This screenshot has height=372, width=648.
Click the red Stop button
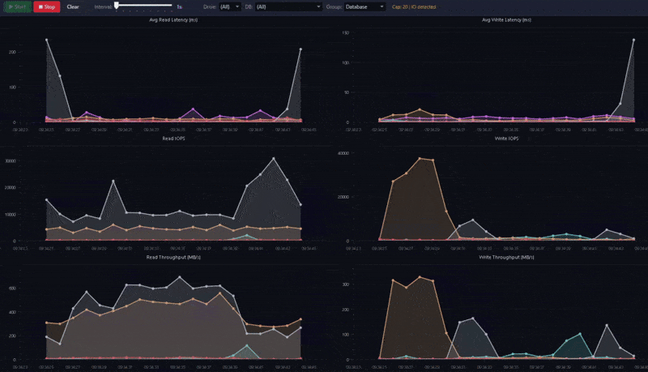pos(46,6)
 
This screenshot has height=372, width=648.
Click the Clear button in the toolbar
pos(73,6)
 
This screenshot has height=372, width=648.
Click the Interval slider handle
pos(117,5)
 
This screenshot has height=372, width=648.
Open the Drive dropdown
pos(230,6)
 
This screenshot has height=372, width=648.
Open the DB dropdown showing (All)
pos(288,6)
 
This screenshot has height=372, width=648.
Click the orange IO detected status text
pos(414,6)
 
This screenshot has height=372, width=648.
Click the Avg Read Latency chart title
pos(173,19)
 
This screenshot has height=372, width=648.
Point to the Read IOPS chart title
pos(173,139)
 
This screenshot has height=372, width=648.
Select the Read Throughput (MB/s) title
pos(173,258)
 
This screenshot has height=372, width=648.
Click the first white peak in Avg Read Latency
pos(46,39)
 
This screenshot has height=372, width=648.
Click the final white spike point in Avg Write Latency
pos(633,39)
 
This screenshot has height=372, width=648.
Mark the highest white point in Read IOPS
pos(274,158)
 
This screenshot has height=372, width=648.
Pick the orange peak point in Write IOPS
pos(420,158)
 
